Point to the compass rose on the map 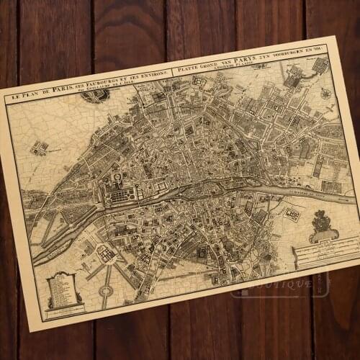pos(326,94)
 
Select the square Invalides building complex pos(106,253)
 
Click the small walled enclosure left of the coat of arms pos(292,215)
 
